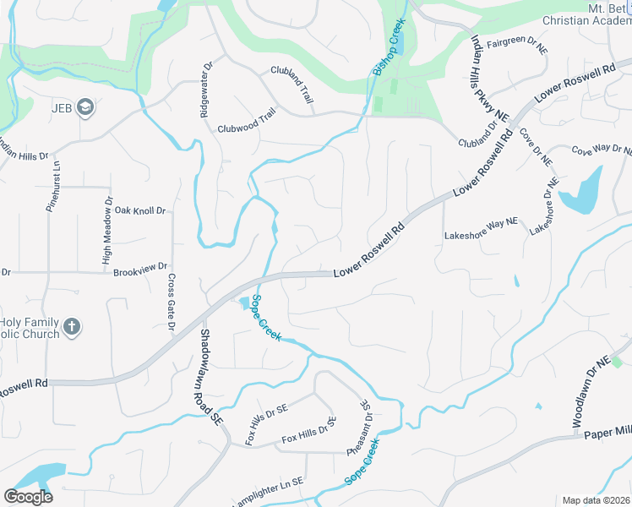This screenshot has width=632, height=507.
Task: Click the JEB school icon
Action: [84, 107]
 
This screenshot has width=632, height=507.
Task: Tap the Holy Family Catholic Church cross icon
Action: [72, 325]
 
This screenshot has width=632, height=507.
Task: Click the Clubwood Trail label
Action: [247, 122]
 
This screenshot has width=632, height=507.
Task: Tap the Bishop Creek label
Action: [390, 49]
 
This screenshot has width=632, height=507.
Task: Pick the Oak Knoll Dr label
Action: [140, 210]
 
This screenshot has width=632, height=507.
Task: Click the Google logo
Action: [28, 497]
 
